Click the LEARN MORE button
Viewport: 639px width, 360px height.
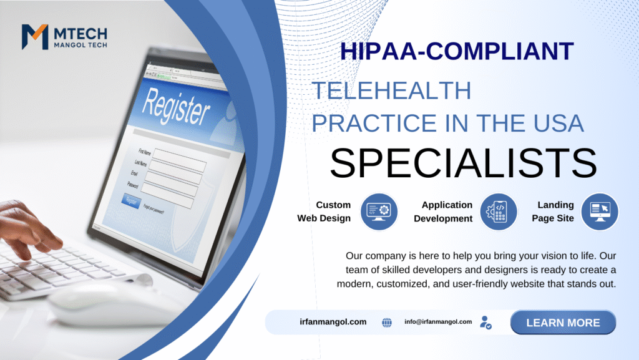point(563,323)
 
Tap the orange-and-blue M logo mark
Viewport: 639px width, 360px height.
point(35,37)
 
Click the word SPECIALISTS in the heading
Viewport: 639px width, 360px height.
point(464,163)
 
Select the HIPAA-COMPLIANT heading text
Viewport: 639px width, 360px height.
point(457,51)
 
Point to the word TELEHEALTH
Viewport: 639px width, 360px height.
point(392,90)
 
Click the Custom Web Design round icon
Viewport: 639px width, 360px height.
point(379,212)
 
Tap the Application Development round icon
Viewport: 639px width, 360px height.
point(499,212)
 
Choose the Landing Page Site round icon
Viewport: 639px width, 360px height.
point(600,212)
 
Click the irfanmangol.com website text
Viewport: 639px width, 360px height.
point(333,322)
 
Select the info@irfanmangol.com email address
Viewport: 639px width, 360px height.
point(438,322)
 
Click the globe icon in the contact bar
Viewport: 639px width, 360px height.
point(387,323)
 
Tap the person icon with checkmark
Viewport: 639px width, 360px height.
point(485,323)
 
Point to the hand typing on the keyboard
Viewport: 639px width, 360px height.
point(29,228)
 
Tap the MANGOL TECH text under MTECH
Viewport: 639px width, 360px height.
point(80,45)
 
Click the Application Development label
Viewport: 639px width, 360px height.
point(443,212)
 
